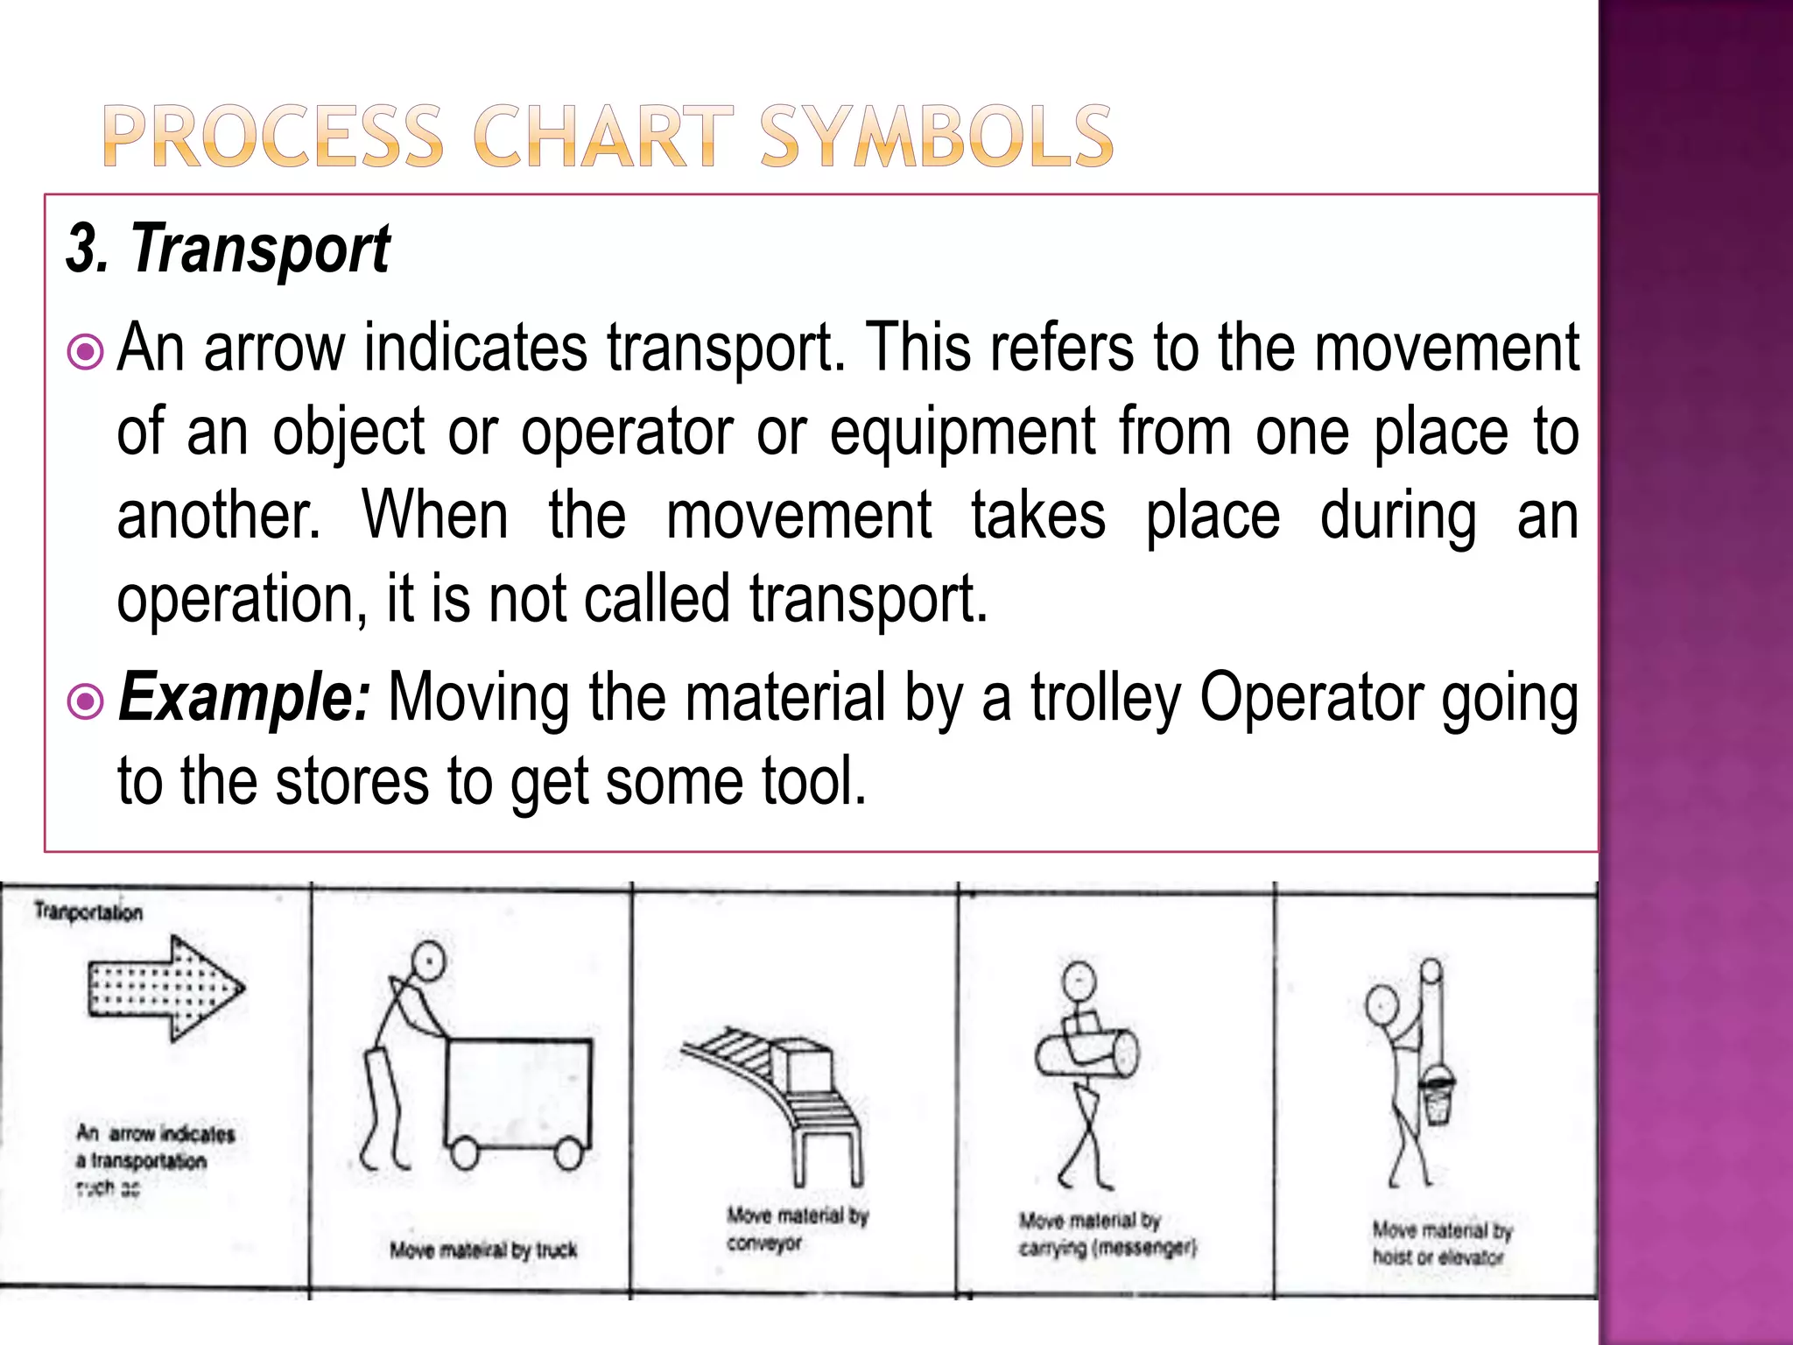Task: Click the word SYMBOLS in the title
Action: pos(937,137)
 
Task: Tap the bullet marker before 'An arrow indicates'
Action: pos(86,353)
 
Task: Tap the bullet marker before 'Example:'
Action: pos(86,701)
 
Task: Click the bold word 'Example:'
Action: pos(244,698)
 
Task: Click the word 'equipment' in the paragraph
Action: pos(962,432)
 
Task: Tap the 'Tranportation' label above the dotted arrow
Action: pos(88,912)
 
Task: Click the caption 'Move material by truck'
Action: pos(483,1250)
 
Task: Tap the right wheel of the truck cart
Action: pos(569,1153)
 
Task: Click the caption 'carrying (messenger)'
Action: pos(1107,1247)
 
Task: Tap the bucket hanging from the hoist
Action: pos(1437,1095)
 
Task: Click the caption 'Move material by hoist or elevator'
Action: pos(1441,1243)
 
